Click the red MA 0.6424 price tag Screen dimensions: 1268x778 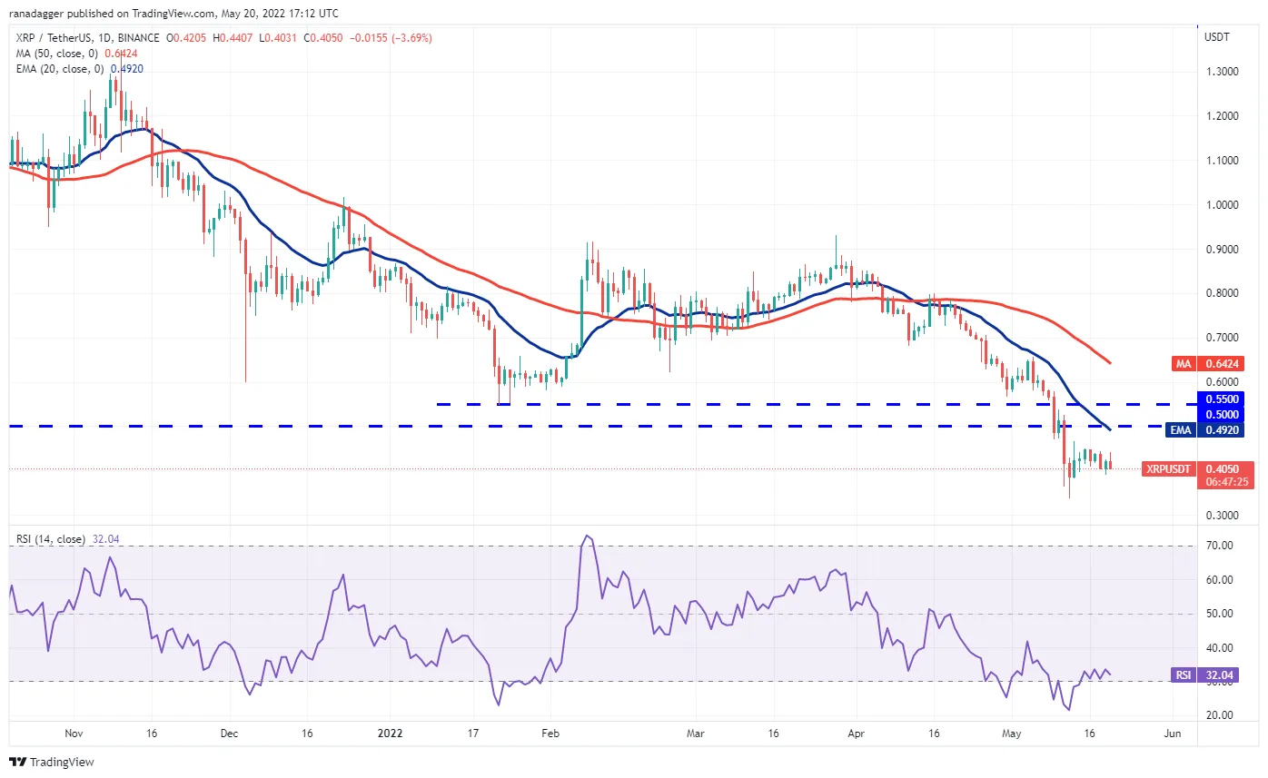pyautogui.click(x=1207, y=364)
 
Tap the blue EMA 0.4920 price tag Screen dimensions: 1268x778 pyautogui.click(x=1204, y=430)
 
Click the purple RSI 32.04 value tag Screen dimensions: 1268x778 pyautogui.click(x=1204, y=675)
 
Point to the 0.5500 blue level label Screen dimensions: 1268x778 pyautogui.click(x=1223, y=399)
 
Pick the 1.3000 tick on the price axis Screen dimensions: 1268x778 pyautogui.click(x=1223, y=72)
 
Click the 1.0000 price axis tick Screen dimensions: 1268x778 pyautogui.click(x=1223, y=205)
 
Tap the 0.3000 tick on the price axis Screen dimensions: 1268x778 pyautogui.click(x=1223, y=516)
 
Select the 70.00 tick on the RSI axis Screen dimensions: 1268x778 pyautogui.click(x=1219, y=546)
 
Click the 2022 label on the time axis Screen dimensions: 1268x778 pyautogui.click(x=390, y=734)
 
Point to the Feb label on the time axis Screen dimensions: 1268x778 pyautogui.click(x=550, y=734)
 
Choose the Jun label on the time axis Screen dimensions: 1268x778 pyautogui.click(x=1173, y=734)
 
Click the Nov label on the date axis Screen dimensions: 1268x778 pyautogui.click(x=74, y=734)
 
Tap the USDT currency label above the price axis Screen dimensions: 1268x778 pyautogui.click(x=1216, y=37)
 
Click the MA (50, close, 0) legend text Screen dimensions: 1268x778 pyautogui.click(x=56, y=54)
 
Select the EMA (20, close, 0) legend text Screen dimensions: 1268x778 pyautogui.click(x=60, y=69)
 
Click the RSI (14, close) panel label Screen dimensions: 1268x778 pyautogui.click(x=50, y=539)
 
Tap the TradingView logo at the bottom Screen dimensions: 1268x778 pyautogui.click(x=52, y=763)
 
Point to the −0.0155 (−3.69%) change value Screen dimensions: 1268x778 pyautogui.click(x=391, y=38)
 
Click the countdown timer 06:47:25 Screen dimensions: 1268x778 pyautogui.click(x=1227, y=482)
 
